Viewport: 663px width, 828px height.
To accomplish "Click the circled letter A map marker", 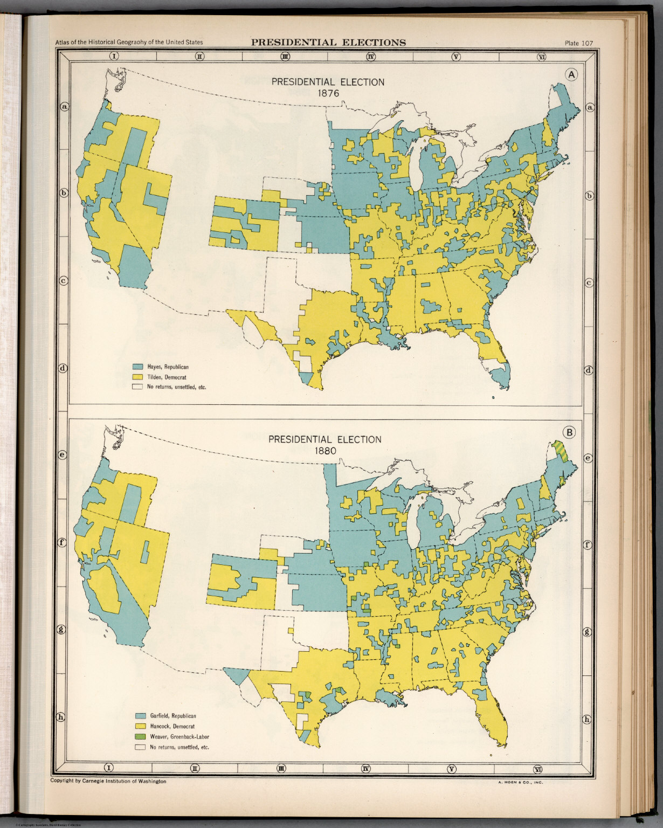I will tap(571, 75).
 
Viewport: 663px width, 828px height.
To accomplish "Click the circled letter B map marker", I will tap(569, 431).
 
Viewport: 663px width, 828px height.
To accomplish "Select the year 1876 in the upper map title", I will tap(328, 93).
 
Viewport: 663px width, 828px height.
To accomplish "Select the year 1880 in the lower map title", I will tap(324, 450).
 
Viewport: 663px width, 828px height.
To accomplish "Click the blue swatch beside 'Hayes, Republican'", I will tap(138, 367).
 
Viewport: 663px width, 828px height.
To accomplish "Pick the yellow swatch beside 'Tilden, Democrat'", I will tap(138, 377).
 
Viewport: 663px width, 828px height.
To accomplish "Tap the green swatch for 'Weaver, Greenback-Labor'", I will tap(141, 736).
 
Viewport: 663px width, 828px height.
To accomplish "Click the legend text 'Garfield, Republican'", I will tap(172, 716).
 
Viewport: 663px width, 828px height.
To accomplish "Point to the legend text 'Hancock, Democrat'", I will tap(172, 726).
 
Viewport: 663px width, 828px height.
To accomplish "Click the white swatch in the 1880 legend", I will tap(141, 747).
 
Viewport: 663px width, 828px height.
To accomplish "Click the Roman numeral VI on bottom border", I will tap(537, 769).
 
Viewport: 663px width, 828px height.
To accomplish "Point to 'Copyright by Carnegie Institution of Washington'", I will tap(108, 781).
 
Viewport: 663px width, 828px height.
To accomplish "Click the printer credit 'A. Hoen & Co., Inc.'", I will tap(516, 782).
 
